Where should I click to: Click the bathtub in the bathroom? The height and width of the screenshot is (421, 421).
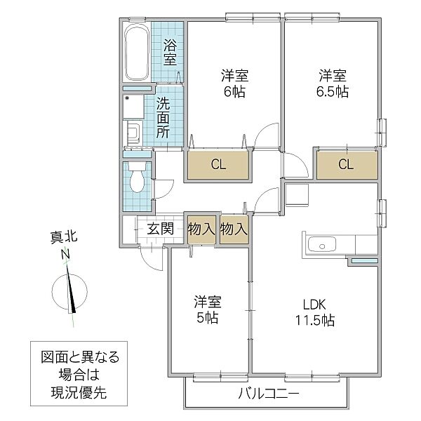(136, 55)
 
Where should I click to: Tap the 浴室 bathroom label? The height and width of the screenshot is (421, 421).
(170, 53)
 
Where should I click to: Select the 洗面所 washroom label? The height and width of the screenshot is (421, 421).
(163, 116)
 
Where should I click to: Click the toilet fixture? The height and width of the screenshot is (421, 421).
(137, 180)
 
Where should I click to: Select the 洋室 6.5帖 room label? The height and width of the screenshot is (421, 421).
(332, 83)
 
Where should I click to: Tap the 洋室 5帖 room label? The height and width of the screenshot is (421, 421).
(207, 309)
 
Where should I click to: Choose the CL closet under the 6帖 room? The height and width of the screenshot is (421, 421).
(218, 166)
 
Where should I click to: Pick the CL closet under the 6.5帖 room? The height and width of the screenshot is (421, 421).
(345, 166)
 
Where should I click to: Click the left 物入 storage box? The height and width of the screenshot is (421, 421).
(201, 229)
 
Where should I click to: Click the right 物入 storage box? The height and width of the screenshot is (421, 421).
(234, 229)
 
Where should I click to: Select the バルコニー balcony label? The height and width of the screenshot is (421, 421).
(267, 394)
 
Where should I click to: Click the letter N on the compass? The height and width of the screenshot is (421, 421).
(64, 254)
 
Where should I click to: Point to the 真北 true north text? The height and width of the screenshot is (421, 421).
(64, 239)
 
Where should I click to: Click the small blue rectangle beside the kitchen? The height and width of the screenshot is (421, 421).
(363, 262)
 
